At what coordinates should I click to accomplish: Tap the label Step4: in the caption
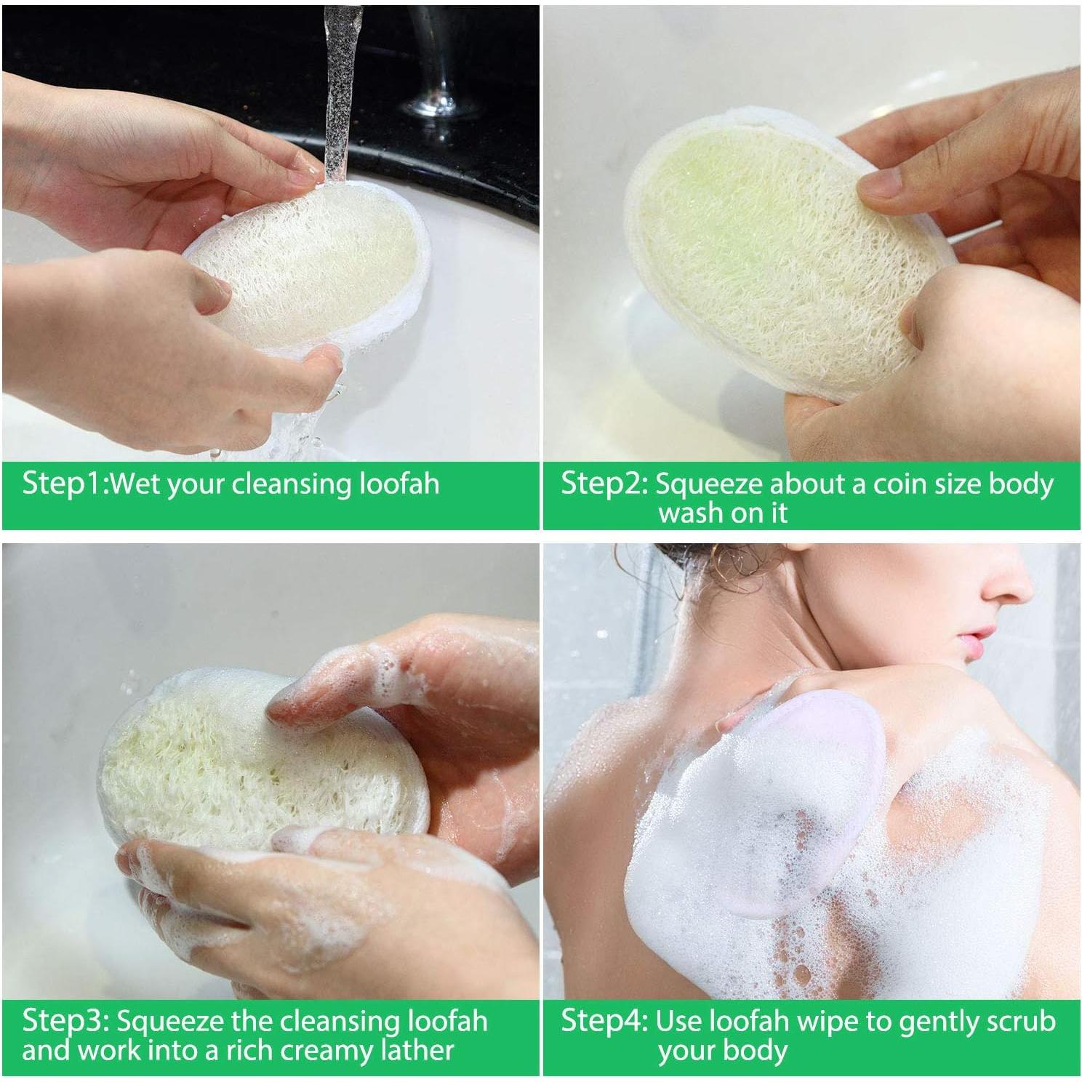pos(604,1021)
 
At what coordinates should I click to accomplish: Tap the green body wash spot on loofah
pos(698,211)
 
